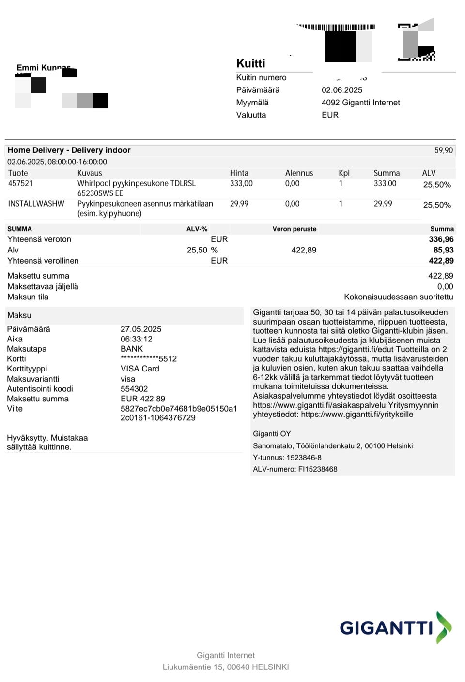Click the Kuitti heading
point(250,63)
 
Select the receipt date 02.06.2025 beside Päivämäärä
point(341,90)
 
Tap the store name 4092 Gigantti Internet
point(360,103)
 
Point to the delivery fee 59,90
point(443,150)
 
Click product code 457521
point(20,183)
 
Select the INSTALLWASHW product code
point(36,204)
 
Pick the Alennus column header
point(299,173)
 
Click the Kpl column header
point(344,173)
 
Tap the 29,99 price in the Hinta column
point(239,204)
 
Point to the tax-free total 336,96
point(441,239)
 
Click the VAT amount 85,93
point(443,250)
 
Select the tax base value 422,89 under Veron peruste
point(303,250)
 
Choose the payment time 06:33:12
point(136,339)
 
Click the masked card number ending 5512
point(148,359)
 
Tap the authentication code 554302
point(134,389)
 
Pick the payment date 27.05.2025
point(141,329)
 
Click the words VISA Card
point(139,369)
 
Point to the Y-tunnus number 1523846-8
point(304,458)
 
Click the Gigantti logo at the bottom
point(395,628)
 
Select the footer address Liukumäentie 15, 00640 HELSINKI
point(226,667)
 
